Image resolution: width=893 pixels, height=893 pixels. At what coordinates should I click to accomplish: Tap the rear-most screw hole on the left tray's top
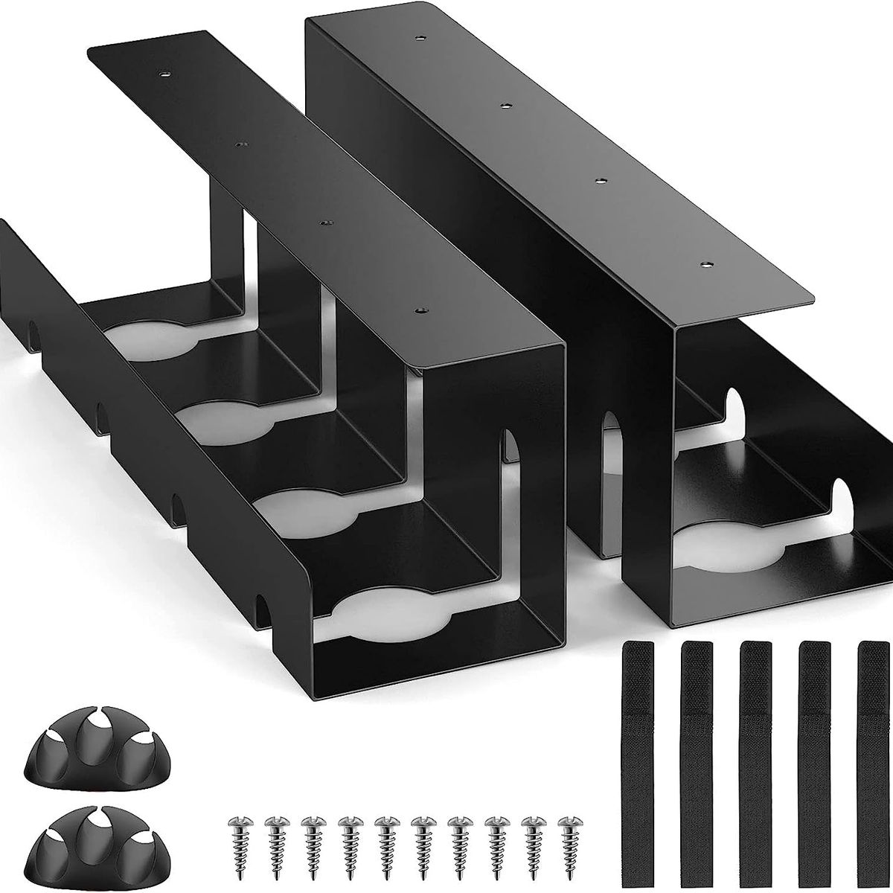pyautogui.click(x=164, y=74)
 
